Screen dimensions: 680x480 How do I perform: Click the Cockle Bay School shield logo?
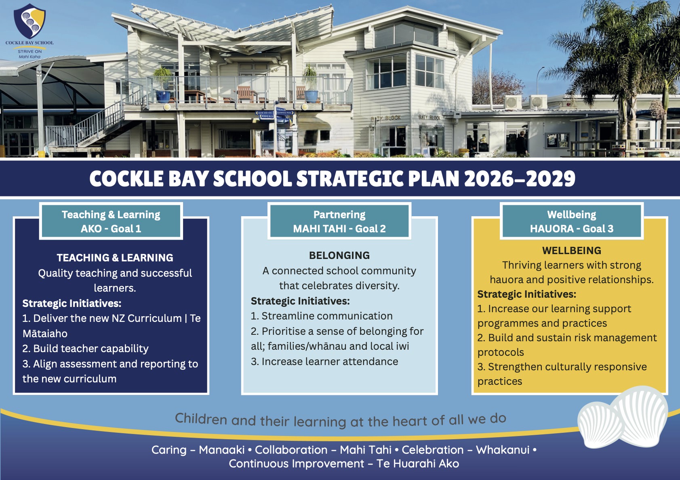coord(30,21)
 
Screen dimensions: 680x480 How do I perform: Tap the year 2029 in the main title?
coord(550,179)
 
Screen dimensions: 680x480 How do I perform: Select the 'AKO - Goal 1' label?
coord(111,228)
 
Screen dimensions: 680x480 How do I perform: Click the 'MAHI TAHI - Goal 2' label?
coord(339,228)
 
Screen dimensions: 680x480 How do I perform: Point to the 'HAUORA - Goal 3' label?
coord(572,228)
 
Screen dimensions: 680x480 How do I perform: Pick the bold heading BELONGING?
coord(339,255)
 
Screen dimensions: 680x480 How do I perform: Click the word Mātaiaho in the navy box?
coord(45,333)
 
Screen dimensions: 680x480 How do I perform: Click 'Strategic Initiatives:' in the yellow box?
coord(527,294)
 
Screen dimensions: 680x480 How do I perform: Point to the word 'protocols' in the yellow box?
coord(501,352)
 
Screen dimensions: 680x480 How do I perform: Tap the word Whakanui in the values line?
coord(503,450)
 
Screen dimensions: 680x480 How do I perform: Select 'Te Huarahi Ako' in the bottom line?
coord(418,463)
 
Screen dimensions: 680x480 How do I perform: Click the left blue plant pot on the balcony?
coord(163,97)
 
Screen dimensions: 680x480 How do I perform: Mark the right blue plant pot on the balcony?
coord(311,96)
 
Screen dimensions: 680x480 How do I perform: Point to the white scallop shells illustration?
coord(622,417)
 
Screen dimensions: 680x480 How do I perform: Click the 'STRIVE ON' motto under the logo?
coord(30,52)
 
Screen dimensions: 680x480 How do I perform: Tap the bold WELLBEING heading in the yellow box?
coord(572,250)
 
